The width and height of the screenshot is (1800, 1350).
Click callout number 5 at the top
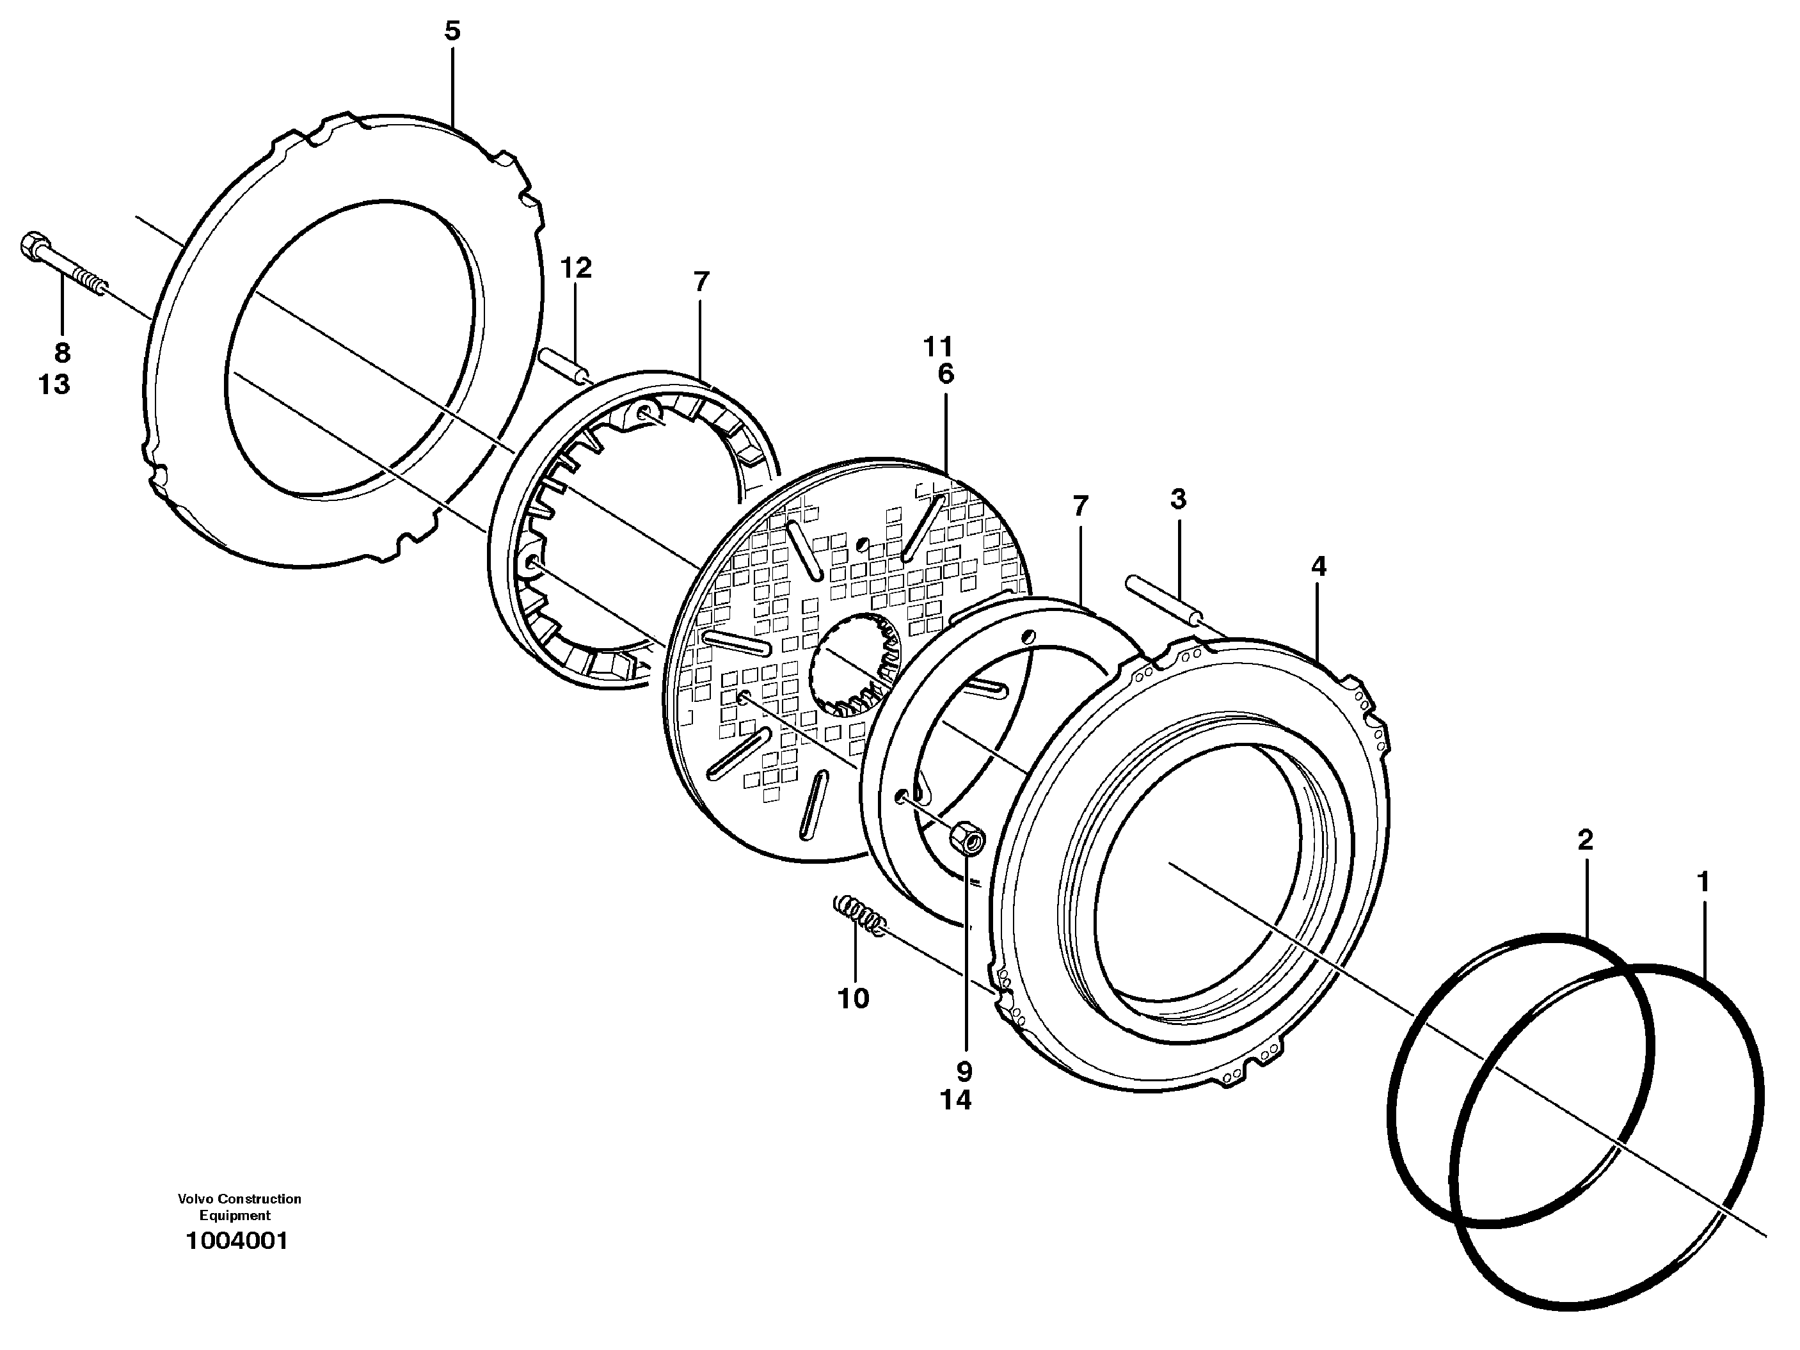(x=452, y=32)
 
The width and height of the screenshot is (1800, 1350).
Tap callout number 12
(x=575, y=267)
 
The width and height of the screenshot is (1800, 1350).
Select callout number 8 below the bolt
(x=63, y=353)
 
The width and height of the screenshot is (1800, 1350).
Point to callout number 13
(x=54, y=384)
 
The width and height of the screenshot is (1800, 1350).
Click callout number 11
(x=937, y=347)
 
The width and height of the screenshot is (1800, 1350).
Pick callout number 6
(x=944, y=374)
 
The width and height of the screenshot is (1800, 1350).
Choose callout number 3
(x=1178, y=499)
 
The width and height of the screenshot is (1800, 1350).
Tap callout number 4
(x=1319, y=567)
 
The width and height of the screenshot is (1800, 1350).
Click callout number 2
(x=1585, y=841)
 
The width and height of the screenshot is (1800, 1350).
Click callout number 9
(x=965, y=1071)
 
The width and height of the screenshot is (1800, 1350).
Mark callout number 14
(x=956, y=1100)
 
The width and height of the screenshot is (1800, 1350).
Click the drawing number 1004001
(x=237, y=1242)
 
